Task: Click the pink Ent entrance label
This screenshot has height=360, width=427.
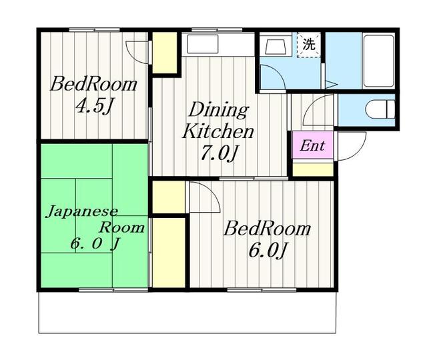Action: (313, 145)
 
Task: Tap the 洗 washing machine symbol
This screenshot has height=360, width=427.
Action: (308, 45)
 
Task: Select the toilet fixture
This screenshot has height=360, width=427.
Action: (380, 109)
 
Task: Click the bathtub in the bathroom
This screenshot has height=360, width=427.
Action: (379, 61)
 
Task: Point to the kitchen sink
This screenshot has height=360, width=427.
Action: (203, 44)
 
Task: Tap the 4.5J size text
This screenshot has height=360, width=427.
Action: (93, 106)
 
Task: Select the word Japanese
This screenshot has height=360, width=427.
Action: (82, 211)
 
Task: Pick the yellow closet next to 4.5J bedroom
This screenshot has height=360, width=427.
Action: (165, 53)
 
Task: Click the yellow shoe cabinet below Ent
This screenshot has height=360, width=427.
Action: (313, 169)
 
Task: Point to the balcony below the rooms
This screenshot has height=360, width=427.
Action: (187, 313)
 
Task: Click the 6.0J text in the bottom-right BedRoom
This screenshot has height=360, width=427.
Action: (268, 251)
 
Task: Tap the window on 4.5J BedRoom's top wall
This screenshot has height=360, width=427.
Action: (94, 29)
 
